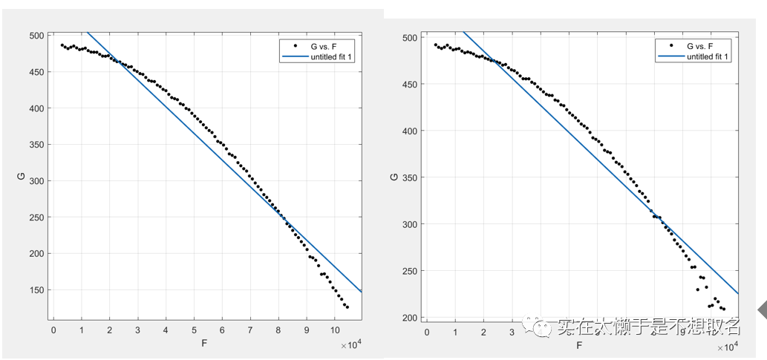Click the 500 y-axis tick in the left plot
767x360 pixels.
(x=36, y=36)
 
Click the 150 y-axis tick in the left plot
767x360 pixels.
(x=36, y=290)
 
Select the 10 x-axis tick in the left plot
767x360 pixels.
(x=334, y=330)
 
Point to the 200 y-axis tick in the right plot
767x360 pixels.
(x=408, y=318)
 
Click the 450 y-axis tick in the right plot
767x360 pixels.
(x=408, y=84)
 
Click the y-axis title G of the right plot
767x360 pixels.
(x=394, y=177)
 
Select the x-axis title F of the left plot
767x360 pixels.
(x=203, y=344)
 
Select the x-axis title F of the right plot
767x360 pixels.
(x=579, y=344)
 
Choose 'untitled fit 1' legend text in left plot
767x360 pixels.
(x=325, y=57)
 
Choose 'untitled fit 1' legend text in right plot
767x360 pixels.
(x=708, y=56)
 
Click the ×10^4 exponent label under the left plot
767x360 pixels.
(x=350, y=345)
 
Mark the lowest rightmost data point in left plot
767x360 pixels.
(x=347, y=307)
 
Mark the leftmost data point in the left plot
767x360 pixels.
(x=62, y=45)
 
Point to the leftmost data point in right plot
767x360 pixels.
(x=435, y=45)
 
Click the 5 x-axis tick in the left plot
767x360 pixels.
(x=194, y=330)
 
